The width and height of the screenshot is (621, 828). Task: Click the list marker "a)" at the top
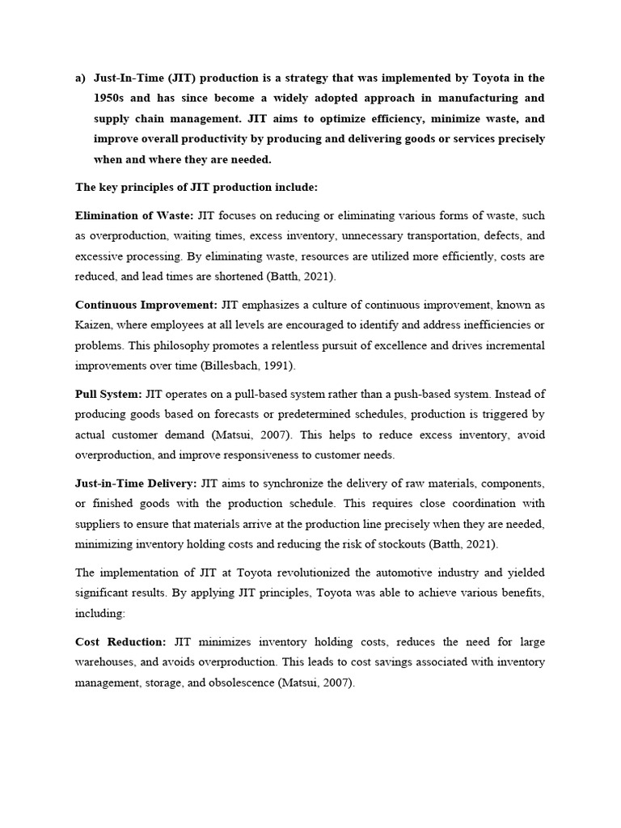(x=80, y=78)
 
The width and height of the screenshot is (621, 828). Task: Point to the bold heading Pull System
(x=108, y=394)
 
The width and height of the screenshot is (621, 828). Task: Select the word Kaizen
(x=94, y=325)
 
